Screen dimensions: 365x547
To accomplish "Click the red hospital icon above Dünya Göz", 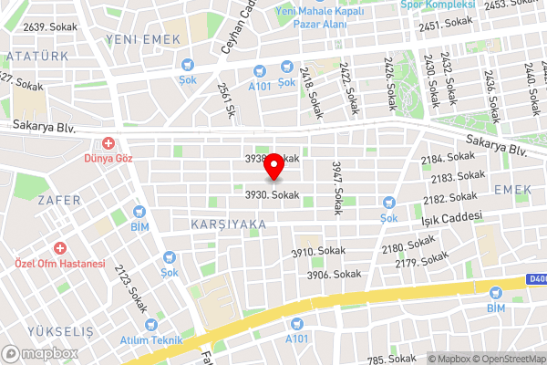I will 108,143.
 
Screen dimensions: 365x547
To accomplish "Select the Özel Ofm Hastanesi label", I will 60,264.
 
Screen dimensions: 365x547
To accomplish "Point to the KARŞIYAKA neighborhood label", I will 228,224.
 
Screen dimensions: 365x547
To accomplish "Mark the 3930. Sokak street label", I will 272,194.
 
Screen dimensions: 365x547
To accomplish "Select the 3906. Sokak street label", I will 334,274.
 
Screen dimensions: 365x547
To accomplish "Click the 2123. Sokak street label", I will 131,285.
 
